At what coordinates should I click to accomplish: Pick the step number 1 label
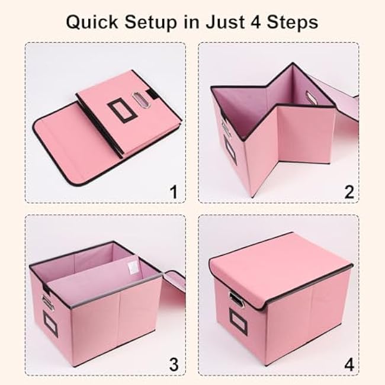click(173, 191)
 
